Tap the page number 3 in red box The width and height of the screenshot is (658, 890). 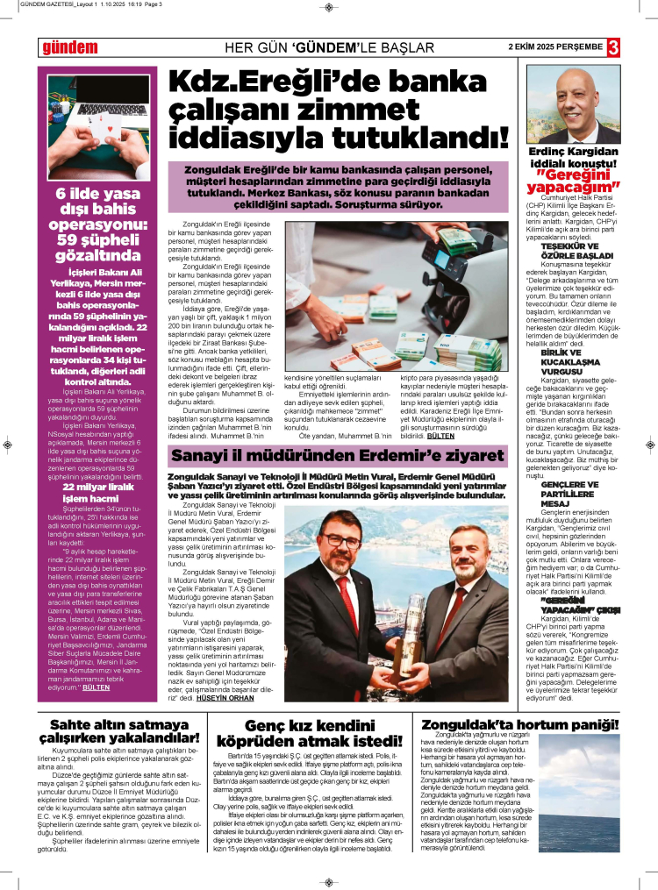613,46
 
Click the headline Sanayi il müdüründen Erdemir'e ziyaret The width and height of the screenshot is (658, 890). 338,456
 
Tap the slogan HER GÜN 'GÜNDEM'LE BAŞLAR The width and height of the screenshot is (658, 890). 330,47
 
